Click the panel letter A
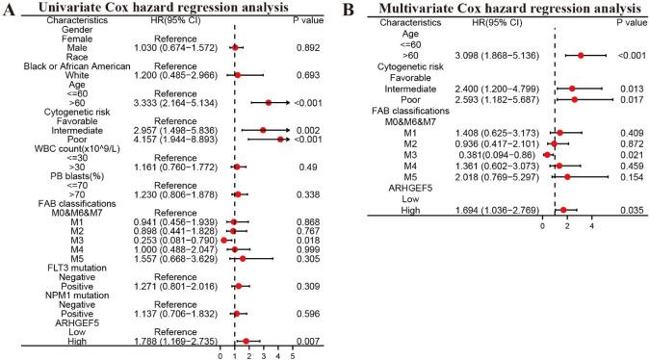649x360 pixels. (x=11, y=12)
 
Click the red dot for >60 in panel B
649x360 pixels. (x=581, y=56)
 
